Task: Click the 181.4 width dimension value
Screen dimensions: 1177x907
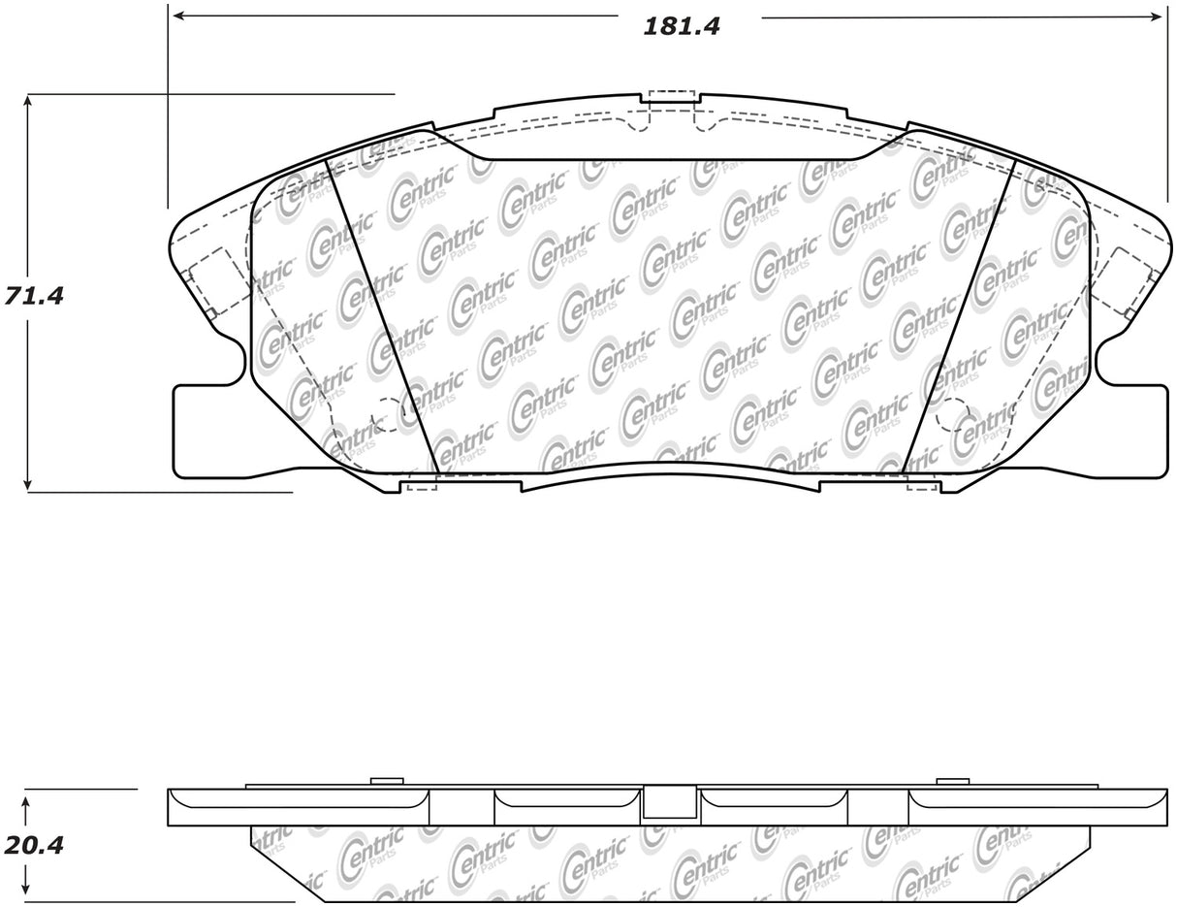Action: click(682, 26)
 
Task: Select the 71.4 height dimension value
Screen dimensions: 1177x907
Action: click(34, 297)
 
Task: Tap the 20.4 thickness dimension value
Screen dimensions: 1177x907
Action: click(34, 845)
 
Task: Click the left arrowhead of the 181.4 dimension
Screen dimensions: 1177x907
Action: click(178, 16)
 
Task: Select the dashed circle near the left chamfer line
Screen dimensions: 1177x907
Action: click(388, 415)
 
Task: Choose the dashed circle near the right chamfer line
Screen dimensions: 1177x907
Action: click(952, 415)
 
